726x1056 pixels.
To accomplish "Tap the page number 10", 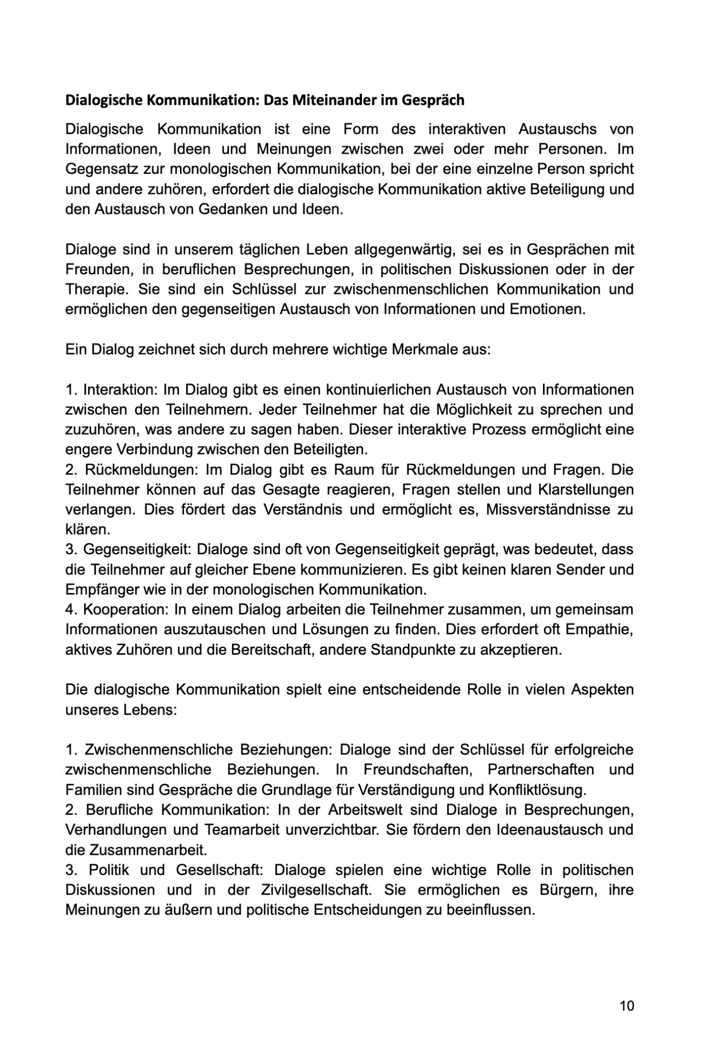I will pyautogui.click(x=626, y=1005).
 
